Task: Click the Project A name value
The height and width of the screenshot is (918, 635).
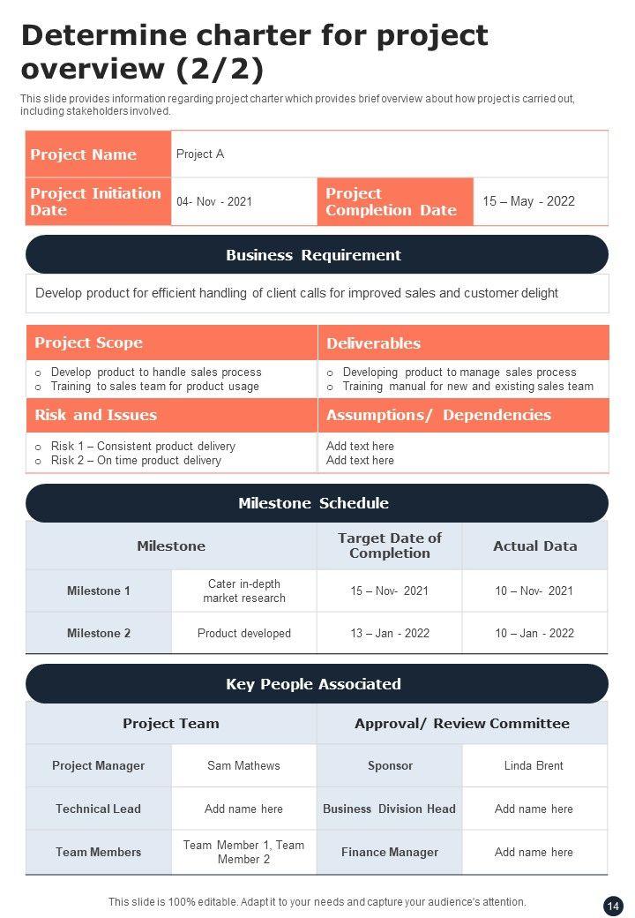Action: click(200, 154)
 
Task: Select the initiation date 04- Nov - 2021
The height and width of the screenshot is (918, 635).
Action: click(214, 201)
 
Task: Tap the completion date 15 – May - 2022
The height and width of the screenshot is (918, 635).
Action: click(528, 201)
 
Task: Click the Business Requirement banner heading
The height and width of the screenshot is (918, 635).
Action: click(313, 255)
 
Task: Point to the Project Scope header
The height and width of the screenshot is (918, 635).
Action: click(88, 342)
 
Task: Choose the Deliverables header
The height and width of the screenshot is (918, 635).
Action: click(373, 343)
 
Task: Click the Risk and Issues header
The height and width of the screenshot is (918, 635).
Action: click(95, 415)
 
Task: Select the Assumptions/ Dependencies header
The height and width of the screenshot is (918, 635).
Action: click(438, 415)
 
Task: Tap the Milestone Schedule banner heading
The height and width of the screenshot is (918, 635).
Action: click(313, 503)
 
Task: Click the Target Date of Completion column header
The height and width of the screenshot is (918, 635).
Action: click(389, 546)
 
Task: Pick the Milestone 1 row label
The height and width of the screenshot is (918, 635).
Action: click(99, 591)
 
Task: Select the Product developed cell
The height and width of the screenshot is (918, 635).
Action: click(244, 633)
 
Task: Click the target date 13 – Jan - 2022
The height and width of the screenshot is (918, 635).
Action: click(389, 633)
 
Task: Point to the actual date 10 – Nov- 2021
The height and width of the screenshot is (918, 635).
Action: click(534, 591)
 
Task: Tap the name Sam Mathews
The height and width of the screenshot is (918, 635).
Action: click(243, 765)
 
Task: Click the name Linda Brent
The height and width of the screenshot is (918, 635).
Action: click(534, 765)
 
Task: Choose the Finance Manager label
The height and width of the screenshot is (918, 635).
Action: click(389, 852)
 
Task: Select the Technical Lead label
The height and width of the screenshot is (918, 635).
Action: click(98, 809)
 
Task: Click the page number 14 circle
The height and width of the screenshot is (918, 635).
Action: click(613, 906)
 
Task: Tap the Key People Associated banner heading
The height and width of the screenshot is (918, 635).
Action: click(313, 684)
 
